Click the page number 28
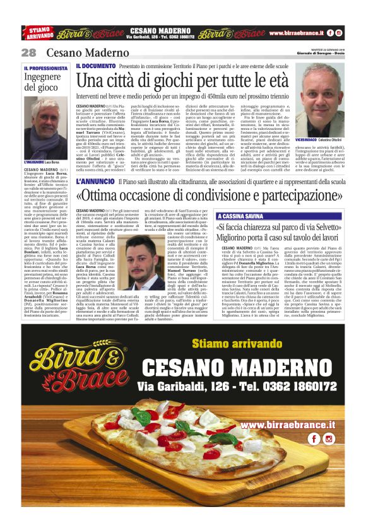[28, 52]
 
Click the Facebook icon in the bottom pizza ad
[330, 438]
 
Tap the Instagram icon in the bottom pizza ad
[346, 438]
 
